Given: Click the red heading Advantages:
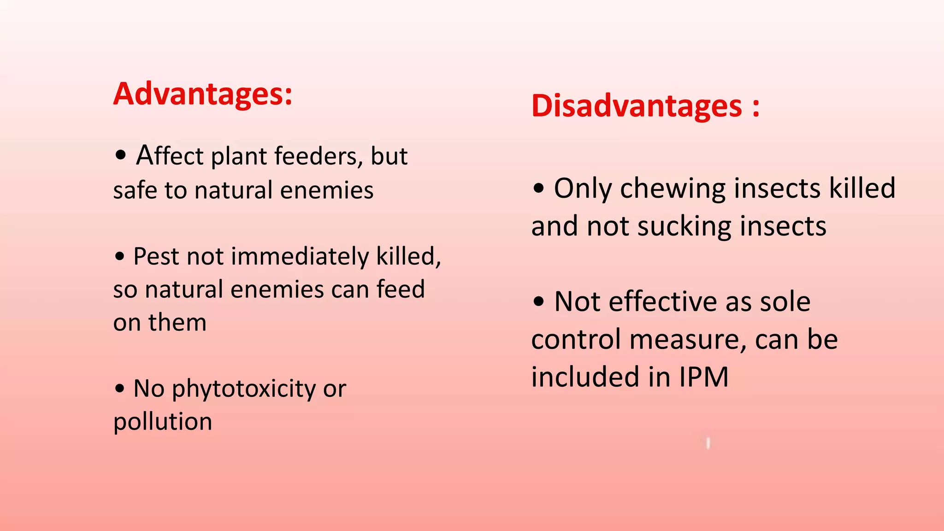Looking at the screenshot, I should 203,94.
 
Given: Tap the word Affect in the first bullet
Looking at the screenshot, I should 170,155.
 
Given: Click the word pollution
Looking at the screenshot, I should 163,421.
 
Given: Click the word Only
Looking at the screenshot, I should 583,189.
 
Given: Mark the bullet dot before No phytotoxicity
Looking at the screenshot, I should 120,389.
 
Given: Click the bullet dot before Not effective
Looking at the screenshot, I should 538,302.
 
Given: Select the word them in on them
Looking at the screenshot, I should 177,322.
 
